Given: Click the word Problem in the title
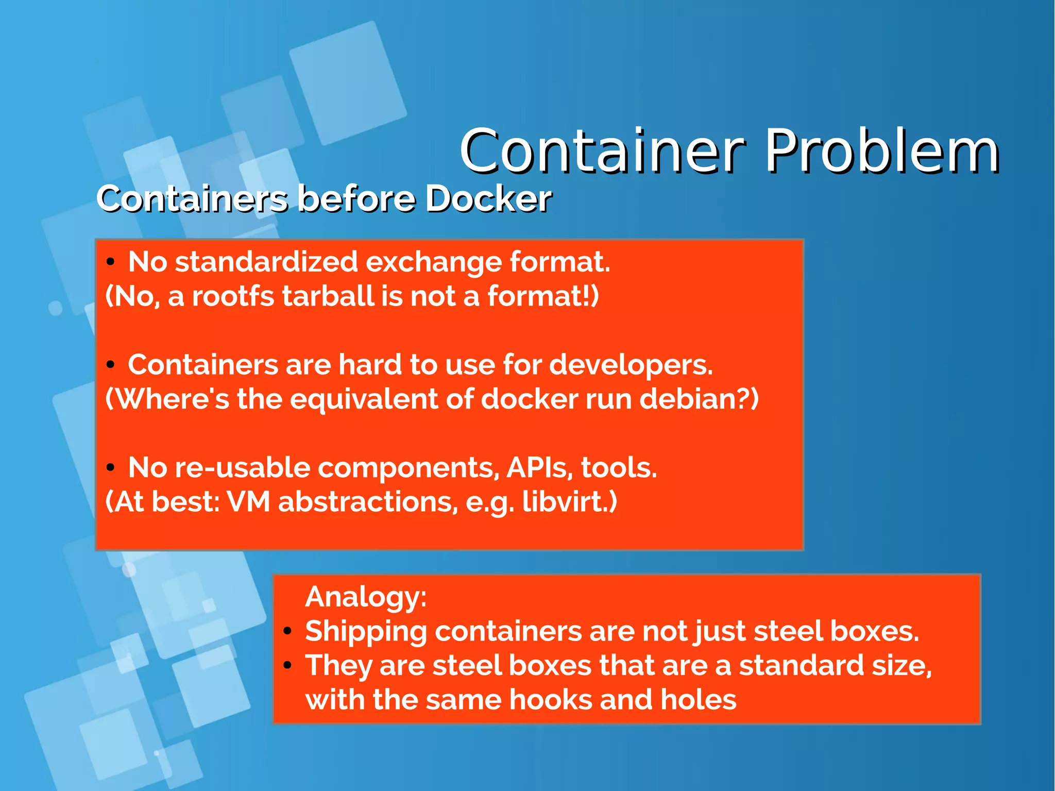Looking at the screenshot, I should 882,152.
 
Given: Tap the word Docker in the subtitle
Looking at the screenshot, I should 488,199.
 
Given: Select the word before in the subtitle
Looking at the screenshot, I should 356,199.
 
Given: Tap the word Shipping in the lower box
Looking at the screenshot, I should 365,632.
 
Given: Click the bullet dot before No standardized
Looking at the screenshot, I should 110,262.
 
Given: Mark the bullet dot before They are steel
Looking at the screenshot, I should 287,665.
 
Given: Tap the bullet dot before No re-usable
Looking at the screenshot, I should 110,468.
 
